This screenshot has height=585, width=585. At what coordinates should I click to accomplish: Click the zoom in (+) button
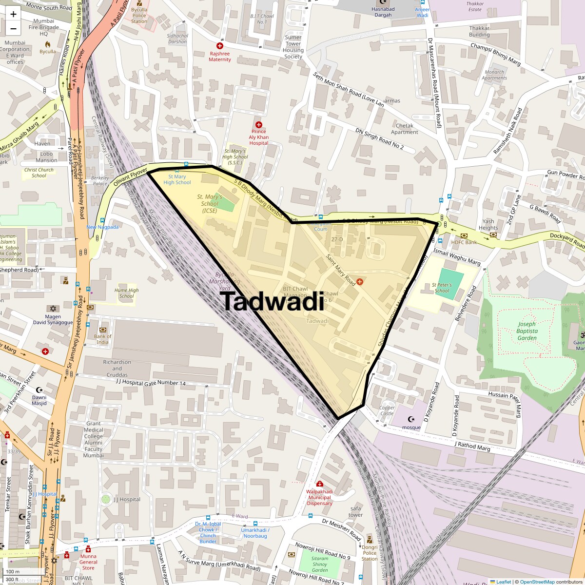pyautogui.click(x=13, y=14)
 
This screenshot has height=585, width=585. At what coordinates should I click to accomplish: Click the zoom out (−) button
pyautogui.click(x=13, y=28)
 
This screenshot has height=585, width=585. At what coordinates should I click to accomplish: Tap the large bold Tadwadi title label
pyautogui.click(x=272, y=301)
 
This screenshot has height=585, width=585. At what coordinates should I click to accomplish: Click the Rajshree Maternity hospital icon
pyautogui.click(x=220, y=45)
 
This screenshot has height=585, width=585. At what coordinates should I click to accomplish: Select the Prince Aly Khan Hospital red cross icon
pyautogui.click(x=259, y=125)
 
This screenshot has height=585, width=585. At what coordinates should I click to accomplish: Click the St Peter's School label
pyautogui.click(x=442, y=288)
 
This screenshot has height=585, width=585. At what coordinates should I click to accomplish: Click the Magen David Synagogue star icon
pyautogui.click(x=53, y=309)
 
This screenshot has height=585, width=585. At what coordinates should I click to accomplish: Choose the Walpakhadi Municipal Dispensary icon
pyautogui.click(x=319, y=484)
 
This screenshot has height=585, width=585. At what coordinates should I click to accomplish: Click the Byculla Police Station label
pyautogui.click(x=139, y=15)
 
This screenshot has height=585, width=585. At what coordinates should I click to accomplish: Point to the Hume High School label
pyautogui.click(x=126, y=293)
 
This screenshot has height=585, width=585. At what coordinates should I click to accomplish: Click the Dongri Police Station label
pyautogui.click(x=370, y=553)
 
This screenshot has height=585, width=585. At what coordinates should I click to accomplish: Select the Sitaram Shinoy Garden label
pyautogui.click(x=320, y=564)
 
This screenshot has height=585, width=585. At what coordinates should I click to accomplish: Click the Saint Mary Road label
pyautogui.click(x=341, y=270)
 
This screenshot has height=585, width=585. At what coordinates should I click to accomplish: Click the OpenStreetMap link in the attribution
pyautogui.click(x=537, y=582)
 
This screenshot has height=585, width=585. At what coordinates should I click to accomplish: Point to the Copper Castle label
pyautogui.click(x=387, y=410)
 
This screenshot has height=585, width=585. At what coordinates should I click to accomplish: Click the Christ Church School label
pyautogui.click(x=39, y=173)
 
